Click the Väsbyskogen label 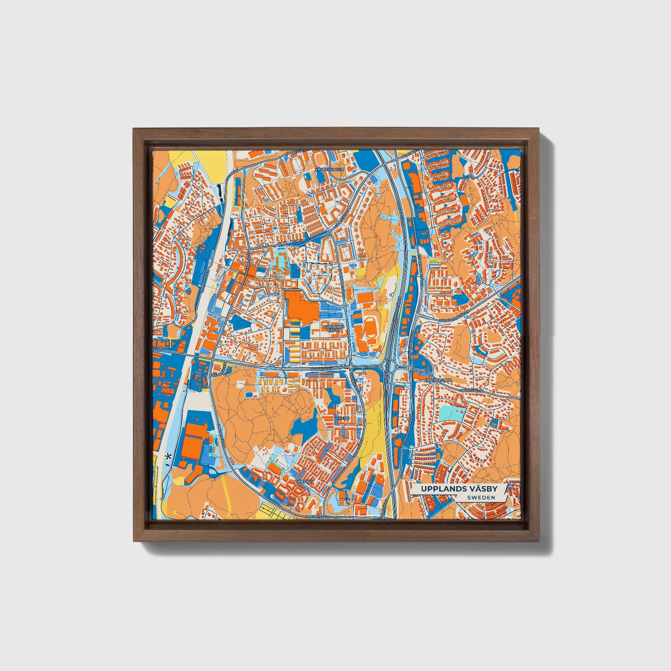(x=329, y=169)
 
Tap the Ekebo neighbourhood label (x=343, y=418)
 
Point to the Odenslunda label (x=438, y=380)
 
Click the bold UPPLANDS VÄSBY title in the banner (x=459, y=489)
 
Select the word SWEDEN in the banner (x=481, y=497)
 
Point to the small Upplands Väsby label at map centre (x=334, y=328)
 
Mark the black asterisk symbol (x=168, y=457)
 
